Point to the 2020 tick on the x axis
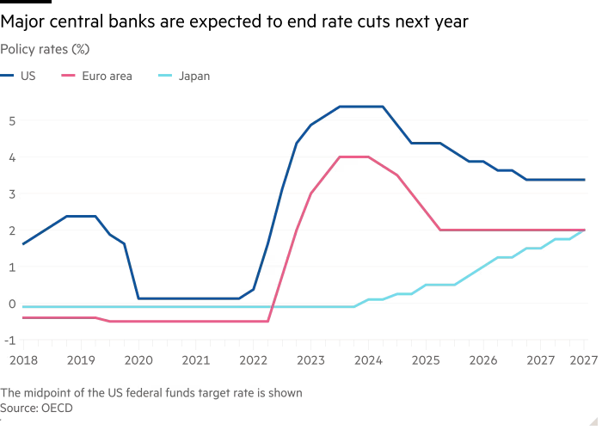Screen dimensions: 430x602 point(138,359)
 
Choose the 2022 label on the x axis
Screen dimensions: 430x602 point(253,359)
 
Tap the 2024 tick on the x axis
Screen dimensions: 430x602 point(368,359)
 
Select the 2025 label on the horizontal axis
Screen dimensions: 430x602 point(426,359)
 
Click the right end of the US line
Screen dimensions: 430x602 point(585,180)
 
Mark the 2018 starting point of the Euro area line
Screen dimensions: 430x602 point(22,318)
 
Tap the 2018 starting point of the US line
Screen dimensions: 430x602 point(22,245)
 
